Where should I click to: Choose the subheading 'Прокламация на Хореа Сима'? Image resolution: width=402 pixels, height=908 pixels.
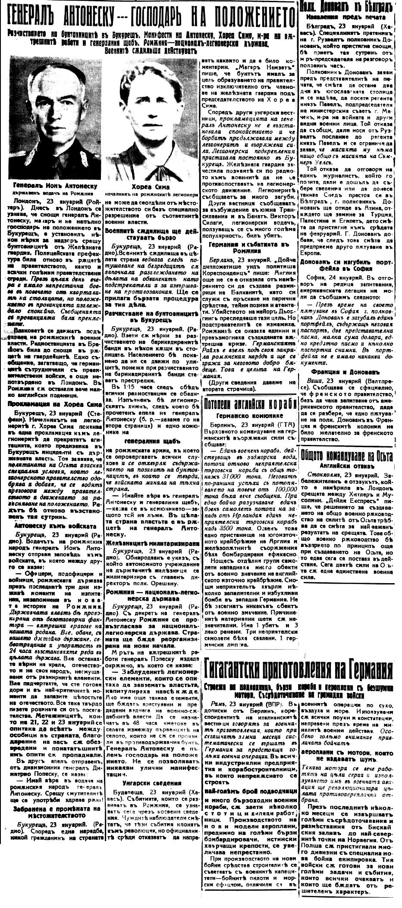52,404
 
